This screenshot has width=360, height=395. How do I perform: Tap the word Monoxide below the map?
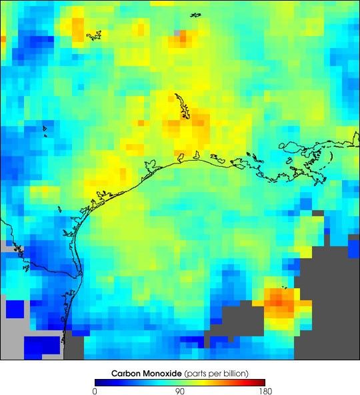pyautogui.click(x=162, y=372)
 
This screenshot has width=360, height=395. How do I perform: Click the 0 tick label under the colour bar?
pyautogui.click(x=95, y=391)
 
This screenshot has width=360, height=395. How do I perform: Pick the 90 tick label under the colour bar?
pyautogui.click(x=179, y=391)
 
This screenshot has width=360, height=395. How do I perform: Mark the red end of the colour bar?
pyautogui.click(x=262, y=382)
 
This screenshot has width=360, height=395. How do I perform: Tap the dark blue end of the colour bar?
pyautogui.click(x=98, y=382)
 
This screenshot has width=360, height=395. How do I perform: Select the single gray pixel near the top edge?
pyautogui.click(x=177, y=31)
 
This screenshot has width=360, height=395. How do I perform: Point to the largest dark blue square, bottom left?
pyautogui.click(x=42, y=347)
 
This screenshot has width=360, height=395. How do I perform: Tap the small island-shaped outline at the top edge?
pyautogui.click(x=195, y=15)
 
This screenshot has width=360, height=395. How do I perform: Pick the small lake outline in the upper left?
pyautogui.click(x=93, y=34)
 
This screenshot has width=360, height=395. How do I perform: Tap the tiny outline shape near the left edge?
pyautogui.click(x=45, y=129)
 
